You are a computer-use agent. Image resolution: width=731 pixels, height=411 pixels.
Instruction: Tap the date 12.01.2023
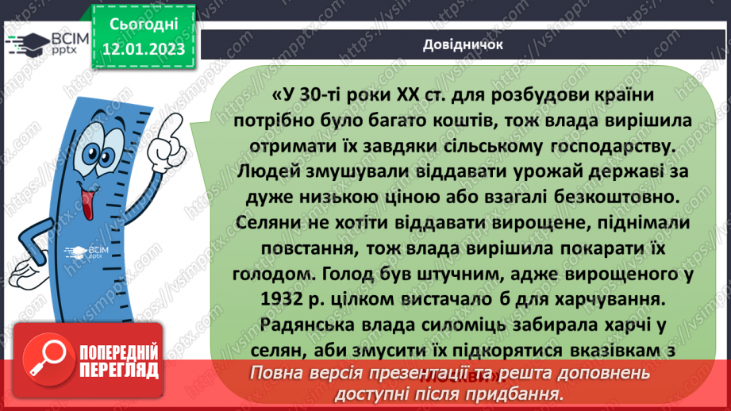coord(143,50)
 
